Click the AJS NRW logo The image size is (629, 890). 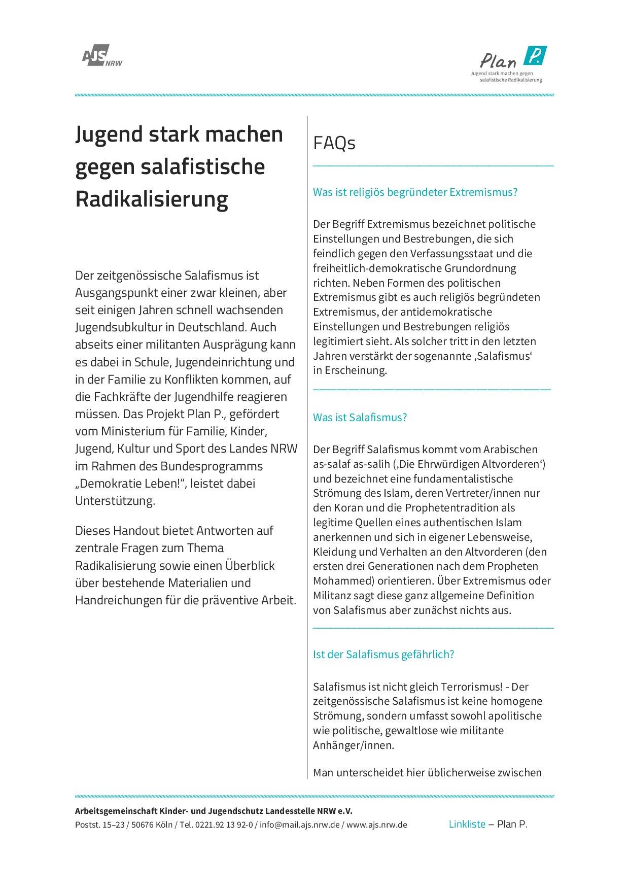(x=101, y=58)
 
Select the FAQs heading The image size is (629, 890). (x=334, y=144)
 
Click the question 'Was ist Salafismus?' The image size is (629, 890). (x=360, y=418)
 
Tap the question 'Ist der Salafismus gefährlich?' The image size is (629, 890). (x=383, y=654)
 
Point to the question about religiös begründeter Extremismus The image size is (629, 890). (x=415, y=192)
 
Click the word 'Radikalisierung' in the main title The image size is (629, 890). (x=152, y=199)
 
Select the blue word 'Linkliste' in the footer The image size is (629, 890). (x=467, y=824)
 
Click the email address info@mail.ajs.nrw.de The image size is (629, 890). (x=300, y=825)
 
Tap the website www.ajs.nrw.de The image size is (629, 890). (x=377, y=825)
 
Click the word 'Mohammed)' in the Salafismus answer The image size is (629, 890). (x=337, y=581)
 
